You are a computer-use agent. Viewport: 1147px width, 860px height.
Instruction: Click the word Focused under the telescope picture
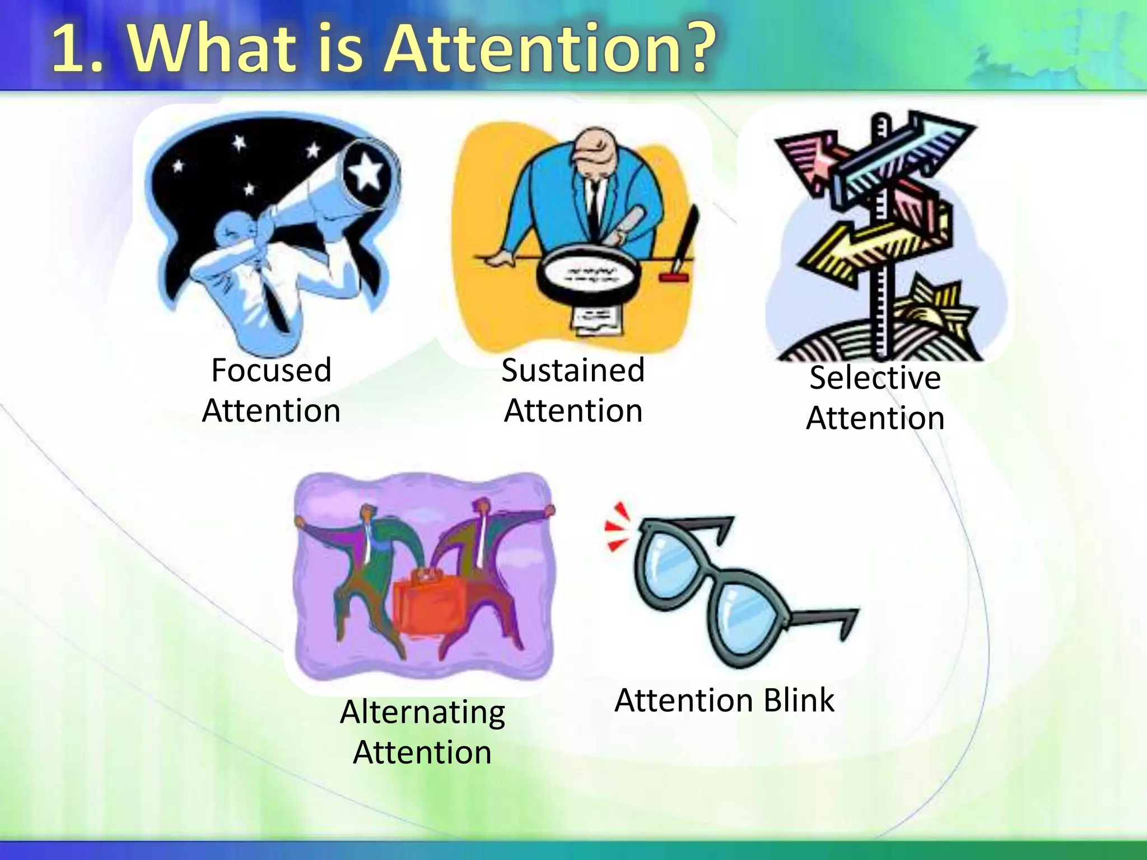(271, 371)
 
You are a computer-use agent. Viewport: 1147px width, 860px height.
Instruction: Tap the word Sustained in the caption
(573, 371)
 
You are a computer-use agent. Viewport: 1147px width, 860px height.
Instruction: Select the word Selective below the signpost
(875, 378)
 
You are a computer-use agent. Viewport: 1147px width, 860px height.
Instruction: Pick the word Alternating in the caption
(422, 713)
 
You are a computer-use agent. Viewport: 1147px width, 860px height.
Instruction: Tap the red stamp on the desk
(673, 277)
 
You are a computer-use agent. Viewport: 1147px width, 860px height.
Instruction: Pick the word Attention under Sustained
(573, 412)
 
